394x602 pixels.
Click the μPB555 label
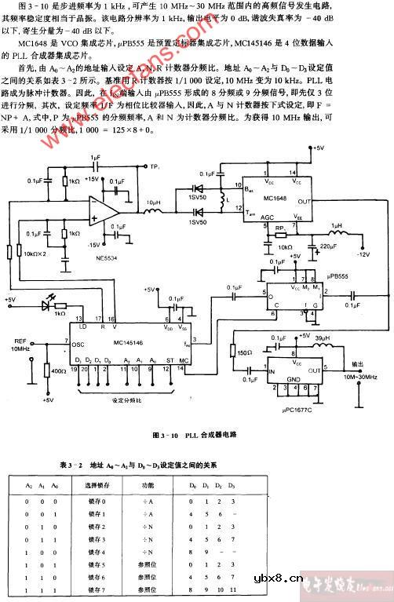(x=333, y=277)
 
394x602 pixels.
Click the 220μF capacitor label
(x=320, y=248)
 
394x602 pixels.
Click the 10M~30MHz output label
(x=357, y=377)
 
